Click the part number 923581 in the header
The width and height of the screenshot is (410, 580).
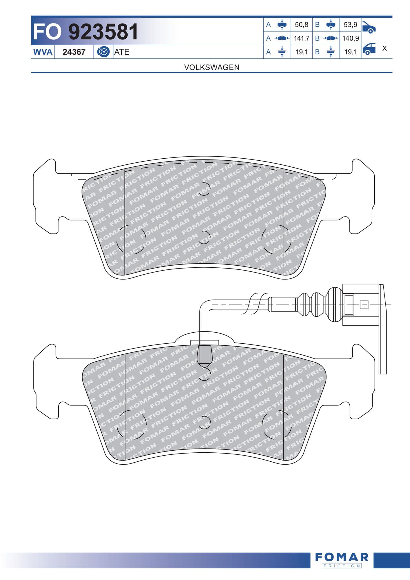tap(103, 32)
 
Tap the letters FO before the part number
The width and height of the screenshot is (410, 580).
tap(47, 32)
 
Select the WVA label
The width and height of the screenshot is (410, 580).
tap(43, 52)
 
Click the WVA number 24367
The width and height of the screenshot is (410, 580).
tap(74, 52)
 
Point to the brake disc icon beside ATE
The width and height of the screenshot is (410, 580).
tap(103, 52)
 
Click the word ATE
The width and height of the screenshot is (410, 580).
tap(122, 52)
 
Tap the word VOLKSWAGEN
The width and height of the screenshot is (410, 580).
tap(212, 67)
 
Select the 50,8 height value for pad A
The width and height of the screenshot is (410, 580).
tap(302, 25)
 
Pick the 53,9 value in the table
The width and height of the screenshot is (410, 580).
tap(351, 25)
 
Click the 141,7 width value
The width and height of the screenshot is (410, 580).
tap(302, 38)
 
